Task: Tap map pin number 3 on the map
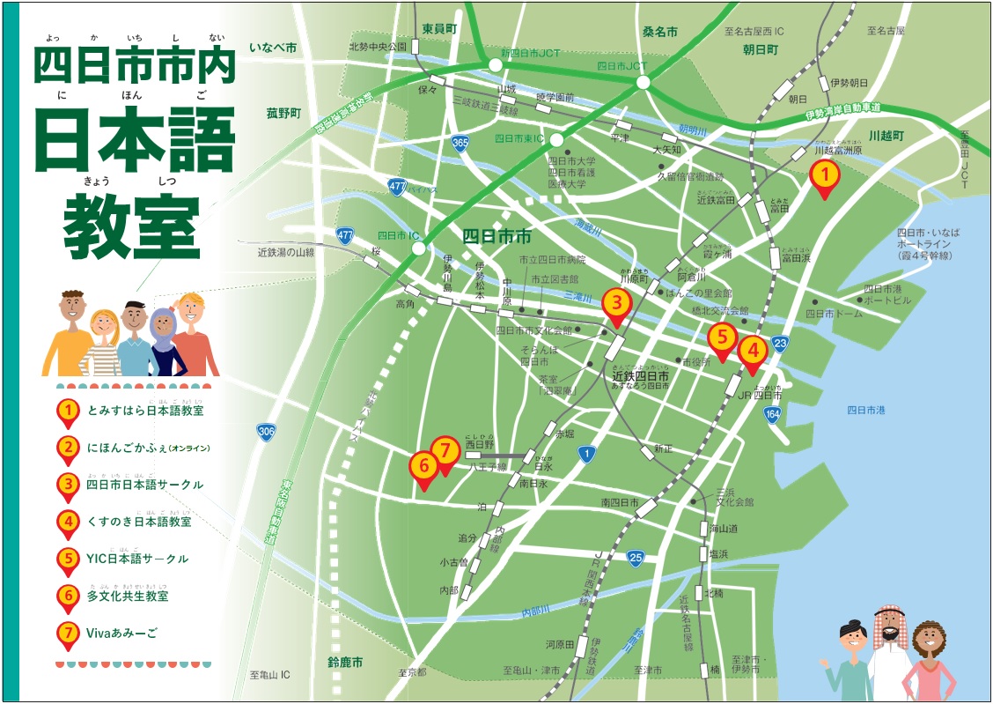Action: (x=616, y=305)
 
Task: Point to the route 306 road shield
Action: (x=268, y=432)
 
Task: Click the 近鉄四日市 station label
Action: (x=640, y=375)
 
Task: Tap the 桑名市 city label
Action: (x=659, y=32)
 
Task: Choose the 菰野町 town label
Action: (x=283, y=114)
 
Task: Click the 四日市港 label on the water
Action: (x=866, y=410)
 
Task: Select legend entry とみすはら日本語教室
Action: (x=145, y=411)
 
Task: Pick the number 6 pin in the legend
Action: (x=68, y=596)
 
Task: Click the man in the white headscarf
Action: (x=889, y=652)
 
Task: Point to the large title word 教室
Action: (x=132, y=227)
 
